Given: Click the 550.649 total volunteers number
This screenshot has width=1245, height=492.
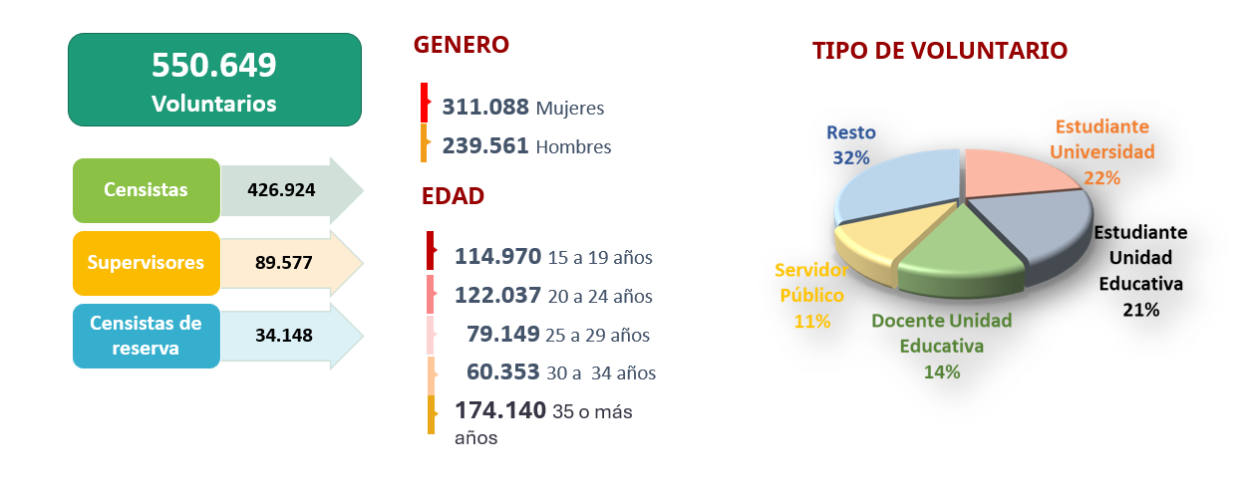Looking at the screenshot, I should tap(213, 66).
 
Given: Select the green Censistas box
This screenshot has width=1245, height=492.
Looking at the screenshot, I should tap(147, 189).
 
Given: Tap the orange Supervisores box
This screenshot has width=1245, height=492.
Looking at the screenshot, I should tap(146, 263).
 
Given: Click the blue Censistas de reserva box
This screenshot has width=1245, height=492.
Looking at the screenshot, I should tap(146, 336).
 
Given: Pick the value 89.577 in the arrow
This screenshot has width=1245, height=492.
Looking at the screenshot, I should tap(283, 263).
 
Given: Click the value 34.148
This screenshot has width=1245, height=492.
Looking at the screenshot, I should tap(283, 336).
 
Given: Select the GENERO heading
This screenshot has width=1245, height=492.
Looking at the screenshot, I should tap(461, 45).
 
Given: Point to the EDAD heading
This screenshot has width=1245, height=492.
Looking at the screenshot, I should tap(453, 196).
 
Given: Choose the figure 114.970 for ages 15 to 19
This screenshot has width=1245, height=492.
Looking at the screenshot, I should tap(497, 256).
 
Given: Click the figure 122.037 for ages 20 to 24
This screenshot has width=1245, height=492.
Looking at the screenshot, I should tap(497, 295).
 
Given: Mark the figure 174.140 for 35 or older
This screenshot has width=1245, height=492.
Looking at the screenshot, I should tap(500, 409).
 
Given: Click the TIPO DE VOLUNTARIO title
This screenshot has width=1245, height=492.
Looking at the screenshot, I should tap(939, 51).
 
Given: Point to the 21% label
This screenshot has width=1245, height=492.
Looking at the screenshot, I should tap(1141, 310).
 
